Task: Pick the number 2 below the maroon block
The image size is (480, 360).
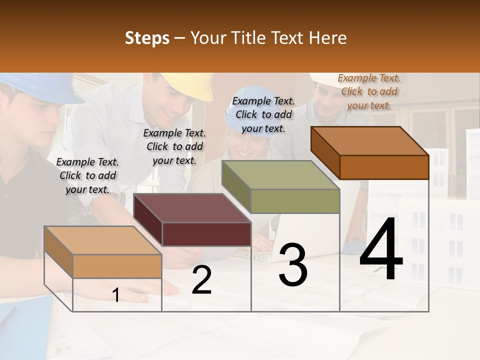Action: (201, 280)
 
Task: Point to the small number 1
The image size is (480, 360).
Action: (116, 295)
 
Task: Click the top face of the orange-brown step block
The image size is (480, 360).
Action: (370, 140)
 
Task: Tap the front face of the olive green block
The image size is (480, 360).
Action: (295, 201)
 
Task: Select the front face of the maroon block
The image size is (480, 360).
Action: (206, 234)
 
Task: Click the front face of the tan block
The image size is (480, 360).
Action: (117, 266)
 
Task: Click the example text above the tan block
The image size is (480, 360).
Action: (87, 175)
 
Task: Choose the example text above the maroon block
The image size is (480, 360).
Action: (174, 146)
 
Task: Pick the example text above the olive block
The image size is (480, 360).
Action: (263, 114)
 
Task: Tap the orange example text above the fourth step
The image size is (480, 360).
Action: (369, 91)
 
